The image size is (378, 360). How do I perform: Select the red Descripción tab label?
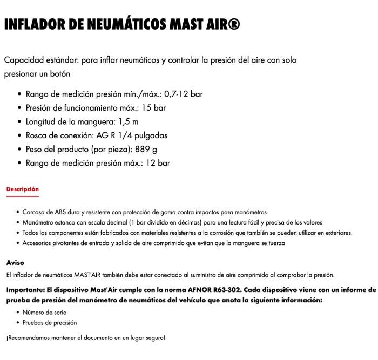pos(23,189)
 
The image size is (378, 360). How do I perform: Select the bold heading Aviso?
pos(15,263)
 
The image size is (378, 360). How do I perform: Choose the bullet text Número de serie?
pos(45,312)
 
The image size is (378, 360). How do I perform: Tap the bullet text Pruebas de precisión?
pos(50,323)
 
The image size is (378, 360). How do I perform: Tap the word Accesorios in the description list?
pos(38,243)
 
